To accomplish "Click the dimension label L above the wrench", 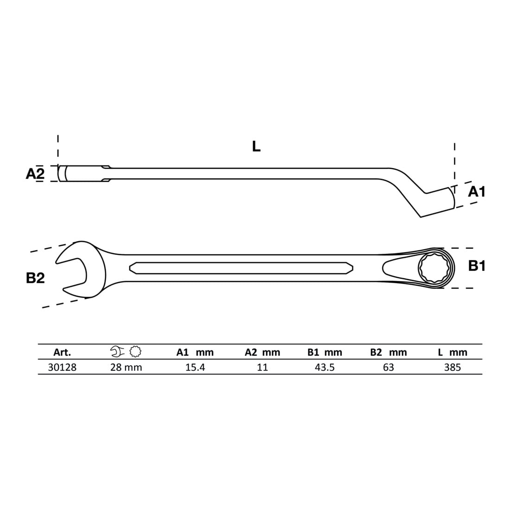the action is [x=256, y=147].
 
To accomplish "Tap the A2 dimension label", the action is [x=35, y=174].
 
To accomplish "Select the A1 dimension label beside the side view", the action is [x=477, y=192].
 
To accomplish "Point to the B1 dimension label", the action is [x=477, y=266].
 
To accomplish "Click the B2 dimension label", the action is [x=35, y=278].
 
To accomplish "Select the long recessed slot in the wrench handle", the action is [x=241, y=268].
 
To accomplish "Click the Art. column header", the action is [x=62, y=352].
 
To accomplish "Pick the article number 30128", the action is [x=62, y=367].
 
